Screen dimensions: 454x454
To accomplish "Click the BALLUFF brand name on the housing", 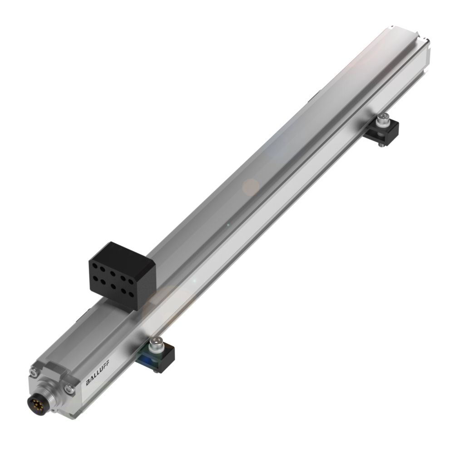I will tap(97, 375).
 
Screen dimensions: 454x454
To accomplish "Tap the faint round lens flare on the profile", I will tap(251, 187).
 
